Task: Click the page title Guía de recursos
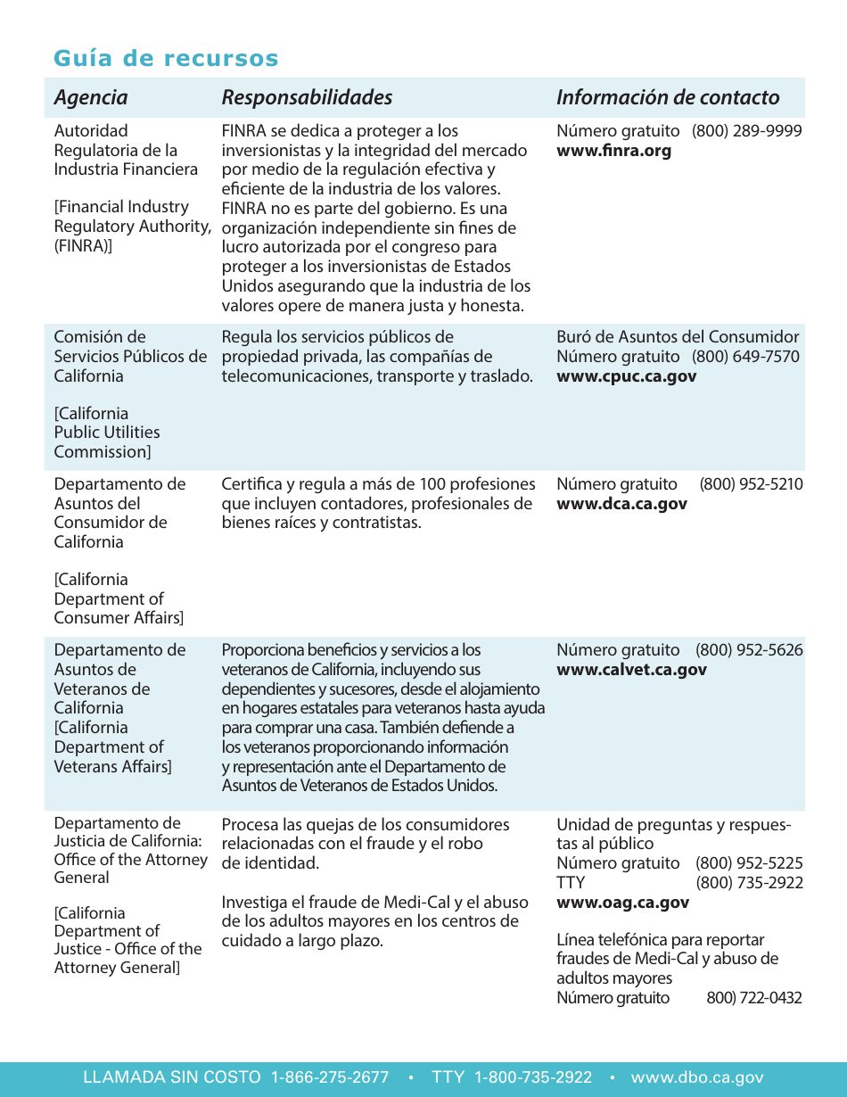pos(166,59)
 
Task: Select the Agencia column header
pos(91,97)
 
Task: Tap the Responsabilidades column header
pos(307,97)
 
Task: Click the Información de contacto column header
pos(668,97)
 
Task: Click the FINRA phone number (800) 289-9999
pos(747,131)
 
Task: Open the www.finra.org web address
pos(613,151)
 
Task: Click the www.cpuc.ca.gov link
pos(626,376)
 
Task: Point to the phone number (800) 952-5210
pos(751,484)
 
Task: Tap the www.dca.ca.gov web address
pos(621,504)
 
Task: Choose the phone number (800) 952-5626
pos(749,650)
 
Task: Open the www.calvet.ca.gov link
pos(631,670)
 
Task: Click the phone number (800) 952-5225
pos(749,863)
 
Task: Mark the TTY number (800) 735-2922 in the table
pos(749,883)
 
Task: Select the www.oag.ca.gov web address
pos(622,903)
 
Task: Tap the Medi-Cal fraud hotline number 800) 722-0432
pos(753,998)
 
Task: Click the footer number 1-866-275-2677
pos(330,1077)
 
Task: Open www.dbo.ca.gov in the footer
pos(697,1077)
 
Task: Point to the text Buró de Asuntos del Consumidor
pos(678,337)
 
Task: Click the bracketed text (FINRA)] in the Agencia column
pos(83,246)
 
